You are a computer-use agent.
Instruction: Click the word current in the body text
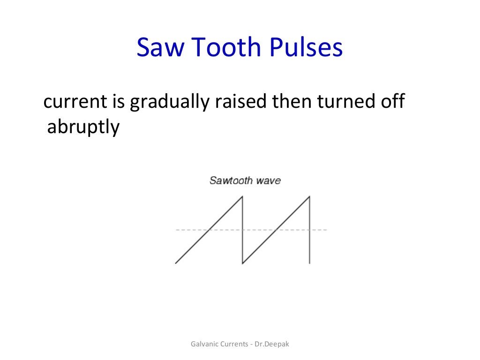pos(71,102)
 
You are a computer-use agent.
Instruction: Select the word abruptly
pos(83,127)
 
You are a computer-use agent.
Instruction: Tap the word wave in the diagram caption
pos(268,180)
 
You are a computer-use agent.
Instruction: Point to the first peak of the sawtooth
pos(242,196)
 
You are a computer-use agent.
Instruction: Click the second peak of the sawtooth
pos(310,196)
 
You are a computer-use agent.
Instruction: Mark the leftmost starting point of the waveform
pos(175,263)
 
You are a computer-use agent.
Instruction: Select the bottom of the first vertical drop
pos(242,263)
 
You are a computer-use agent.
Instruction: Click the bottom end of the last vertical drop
pos(310,263)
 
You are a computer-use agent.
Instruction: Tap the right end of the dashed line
pos(327,230)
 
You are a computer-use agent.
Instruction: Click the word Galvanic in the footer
pos(204,344)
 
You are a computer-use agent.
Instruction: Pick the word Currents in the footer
pos(234,344)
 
